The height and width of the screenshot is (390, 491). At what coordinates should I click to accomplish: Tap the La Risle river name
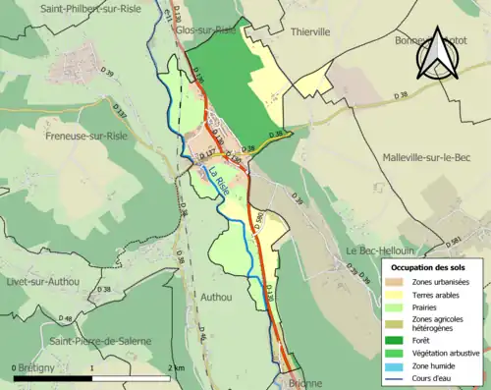click(219, 184)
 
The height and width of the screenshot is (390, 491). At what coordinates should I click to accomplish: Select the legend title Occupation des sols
click(428, 266)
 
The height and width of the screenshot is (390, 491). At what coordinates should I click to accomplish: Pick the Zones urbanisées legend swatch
click(401, 282)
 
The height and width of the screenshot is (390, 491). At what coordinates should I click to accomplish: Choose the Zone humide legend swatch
click(401, 364)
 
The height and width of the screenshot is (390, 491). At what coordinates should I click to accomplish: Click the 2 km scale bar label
click(177, 368)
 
